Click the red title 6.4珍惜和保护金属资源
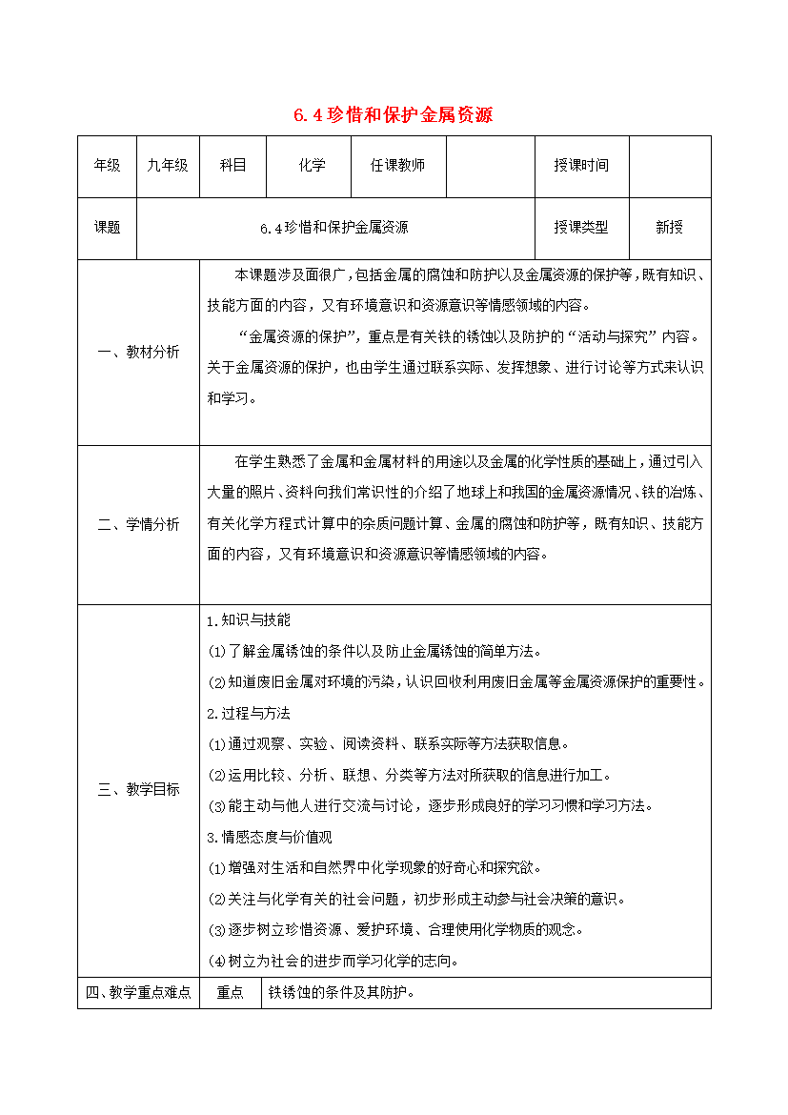(x=393, y=116)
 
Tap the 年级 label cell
(x=107, y=166)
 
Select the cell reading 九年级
(x=168, y=166)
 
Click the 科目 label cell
(x=233, y=166)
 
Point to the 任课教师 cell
(x=397, y=166)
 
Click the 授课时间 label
(x=580, y=166)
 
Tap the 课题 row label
(x=107, y=228)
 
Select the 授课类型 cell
(x=580, y=228)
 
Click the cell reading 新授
(x=669, y=228)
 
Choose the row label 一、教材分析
(x=138, y=352)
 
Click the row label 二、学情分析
(x=138, y=524)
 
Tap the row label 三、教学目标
(x=138, y=789)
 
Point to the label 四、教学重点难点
(x=138, y=993)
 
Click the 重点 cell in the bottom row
(x=231, y=993)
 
